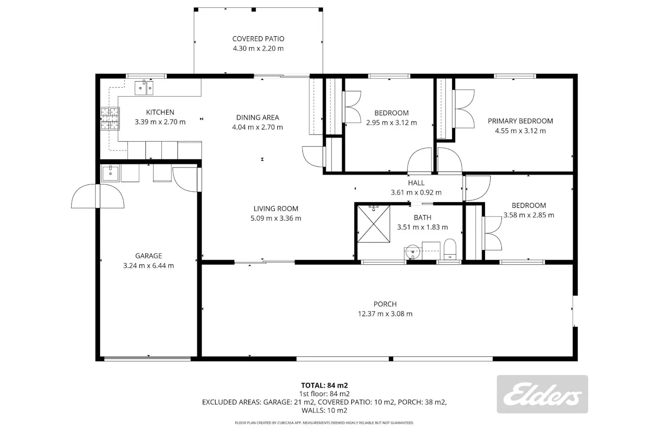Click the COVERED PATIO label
[x=258, y=39]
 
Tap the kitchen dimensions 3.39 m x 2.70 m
[x=160, y=122]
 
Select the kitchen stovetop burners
[x=110, y=118]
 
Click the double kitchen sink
[x=144, y=88]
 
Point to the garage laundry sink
[x=110, y=173]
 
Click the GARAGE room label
[x=148, y=256]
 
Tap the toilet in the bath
[x=450, y=249]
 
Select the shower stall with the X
[x=373, y=224]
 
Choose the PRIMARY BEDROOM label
[x=520, y=121]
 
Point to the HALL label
[x=416, y=183]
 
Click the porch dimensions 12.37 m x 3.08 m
[x=385, y=314]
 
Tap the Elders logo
[x=542, y=394]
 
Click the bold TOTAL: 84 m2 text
[x=324, y=385]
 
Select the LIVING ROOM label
[x=276, y=209]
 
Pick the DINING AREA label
[x=257, y=118]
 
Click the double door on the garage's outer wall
[x=98, y=196]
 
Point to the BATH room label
[x=422, y=218]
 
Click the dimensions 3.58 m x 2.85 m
[x=528, y=215]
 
